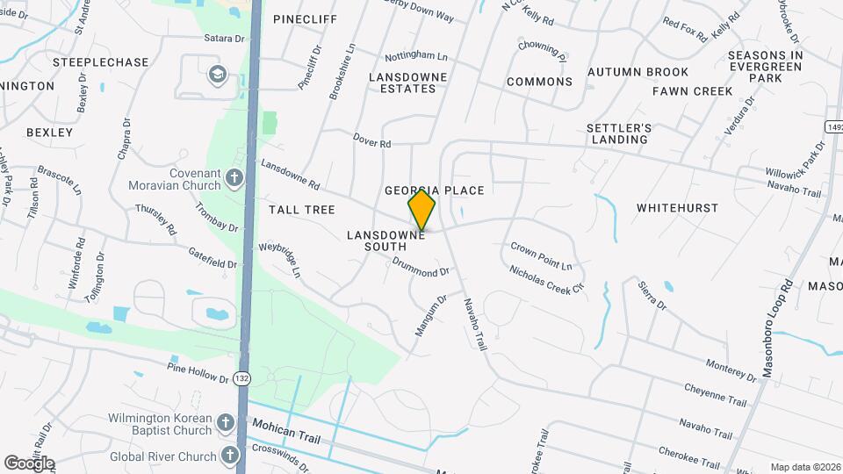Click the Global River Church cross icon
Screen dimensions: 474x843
230,456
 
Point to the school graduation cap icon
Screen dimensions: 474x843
216,75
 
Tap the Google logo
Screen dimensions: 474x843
29,463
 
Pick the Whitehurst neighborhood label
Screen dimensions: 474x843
677,209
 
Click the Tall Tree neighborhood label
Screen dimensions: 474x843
302,210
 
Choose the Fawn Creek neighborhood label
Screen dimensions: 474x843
692,91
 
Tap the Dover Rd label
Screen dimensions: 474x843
371,140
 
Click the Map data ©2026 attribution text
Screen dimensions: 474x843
803,467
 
